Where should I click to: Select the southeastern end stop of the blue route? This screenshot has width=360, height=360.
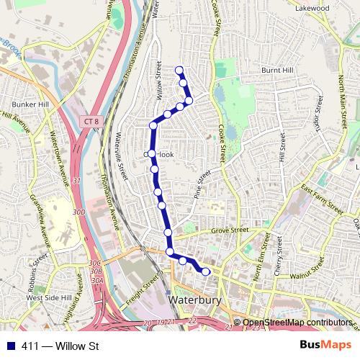206,271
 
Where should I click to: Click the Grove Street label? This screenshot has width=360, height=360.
230,232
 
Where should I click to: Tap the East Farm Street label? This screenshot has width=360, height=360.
322,197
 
